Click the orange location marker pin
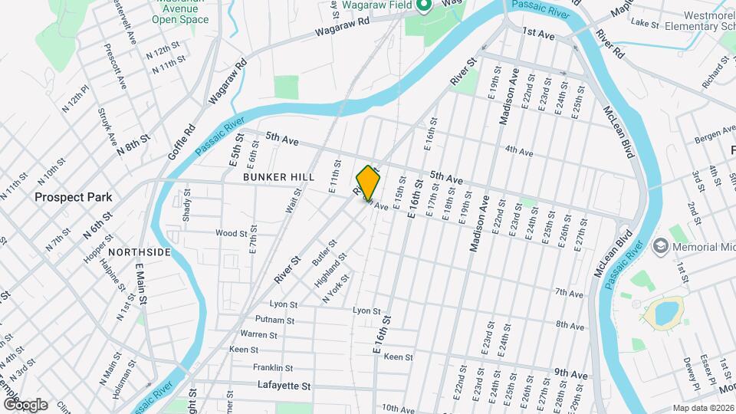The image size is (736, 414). (369, 182)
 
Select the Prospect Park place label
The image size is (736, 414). (73, 197)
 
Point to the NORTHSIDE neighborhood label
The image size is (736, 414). (140, 251)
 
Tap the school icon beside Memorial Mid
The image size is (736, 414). (659, 248)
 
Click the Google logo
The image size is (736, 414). (25, 405)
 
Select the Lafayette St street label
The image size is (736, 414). (284, 385)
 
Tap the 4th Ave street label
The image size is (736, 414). (519, 152)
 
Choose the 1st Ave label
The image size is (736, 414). (538, 34)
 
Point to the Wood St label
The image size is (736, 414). (231, 233)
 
